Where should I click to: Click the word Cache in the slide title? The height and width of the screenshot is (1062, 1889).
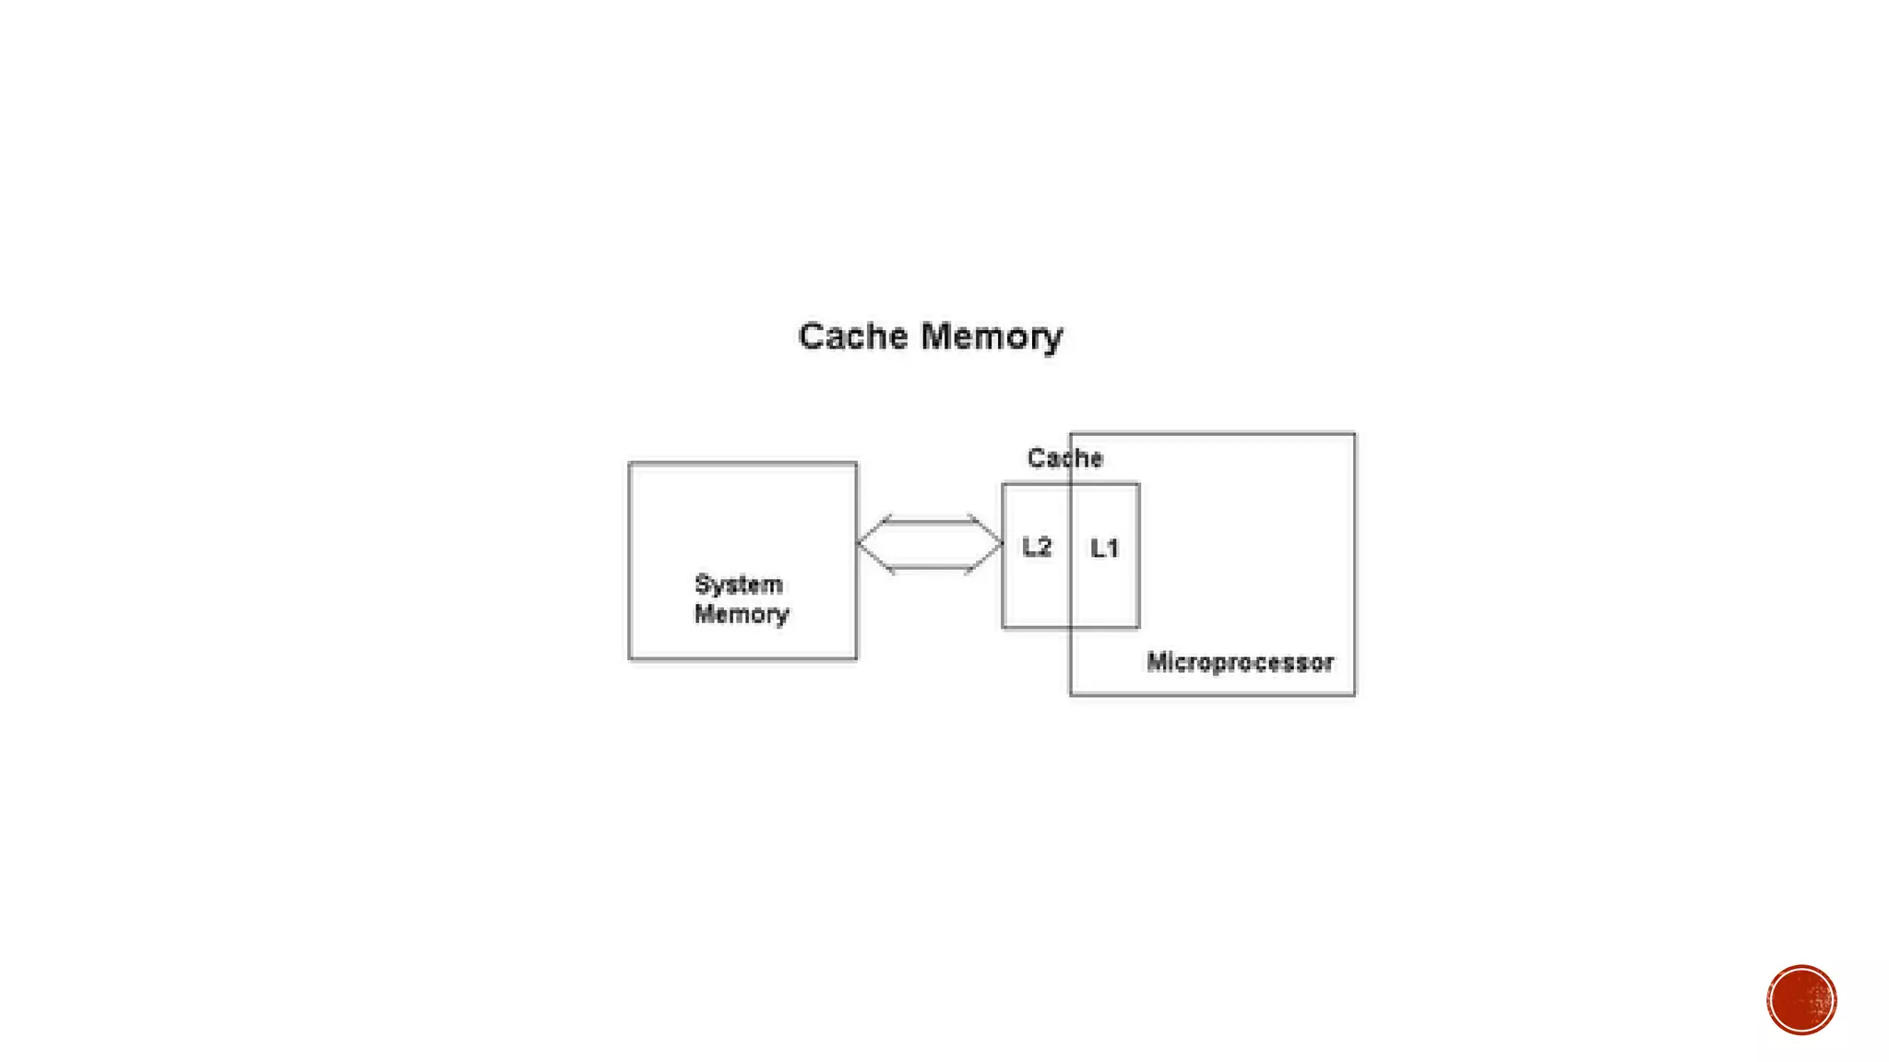coord(853,336)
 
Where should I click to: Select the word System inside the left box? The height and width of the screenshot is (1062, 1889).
coord(738,584)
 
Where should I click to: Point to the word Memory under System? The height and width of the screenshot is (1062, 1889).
coord(742,614)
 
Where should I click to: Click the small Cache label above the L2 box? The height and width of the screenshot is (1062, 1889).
coord(1064,458)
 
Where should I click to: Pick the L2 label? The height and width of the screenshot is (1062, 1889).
coord(1037,548)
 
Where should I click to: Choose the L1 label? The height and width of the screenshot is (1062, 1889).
coord(1104,549)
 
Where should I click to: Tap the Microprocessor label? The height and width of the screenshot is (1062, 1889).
coord(1240,662)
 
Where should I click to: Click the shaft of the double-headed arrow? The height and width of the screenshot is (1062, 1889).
coord(929,544)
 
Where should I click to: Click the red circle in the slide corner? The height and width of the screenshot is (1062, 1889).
coord(1801,1000)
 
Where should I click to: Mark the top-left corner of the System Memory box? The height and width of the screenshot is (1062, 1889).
coord(629,463)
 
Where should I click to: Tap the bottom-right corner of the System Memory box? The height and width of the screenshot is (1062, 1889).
coord(857,659)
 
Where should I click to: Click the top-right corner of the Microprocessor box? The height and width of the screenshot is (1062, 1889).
coord(1355,433)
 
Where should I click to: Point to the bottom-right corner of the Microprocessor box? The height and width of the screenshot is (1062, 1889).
coord(1355,695)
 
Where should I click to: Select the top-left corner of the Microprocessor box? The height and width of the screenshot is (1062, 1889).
coord(1070,433)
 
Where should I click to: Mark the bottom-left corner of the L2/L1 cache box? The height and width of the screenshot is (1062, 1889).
coord(1003,628)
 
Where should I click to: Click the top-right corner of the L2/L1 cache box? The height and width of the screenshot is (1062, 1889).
coord(1139,484)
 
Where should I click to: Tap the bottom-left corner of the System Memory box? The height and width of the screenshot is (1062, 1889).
coord(629,659)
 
